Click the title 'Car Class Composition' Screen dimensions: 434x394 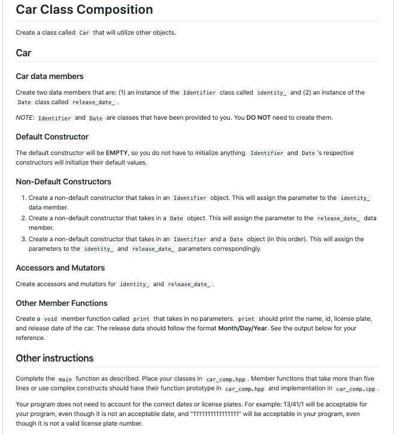[x=84, y=10]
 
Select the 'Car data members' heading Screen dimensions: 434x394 [x=50, y=76]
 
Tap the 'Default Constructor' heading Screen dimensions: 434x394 [x=52, y=136]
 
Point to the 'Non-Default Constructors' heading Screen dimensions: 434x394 [x=63, y=181]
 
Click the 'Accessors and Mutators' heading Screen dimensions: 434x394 [x=60, y=268]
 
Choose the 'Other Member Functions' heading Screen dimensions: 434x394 [x=62, y=303]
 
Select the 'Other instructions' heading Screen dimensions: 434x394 [x=54, y=358]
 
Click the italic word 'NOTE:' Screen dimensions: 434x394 [x=25, y=118]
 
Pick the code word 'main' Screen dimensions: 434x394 [x=65, y=380]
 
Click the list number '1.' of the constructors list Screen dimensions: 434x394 [x=24, y=198]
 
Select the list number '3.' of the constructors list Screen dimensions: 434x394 [x=24, y=239]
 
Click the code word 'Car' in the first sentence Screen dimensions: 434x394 [x=84, y=33]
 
